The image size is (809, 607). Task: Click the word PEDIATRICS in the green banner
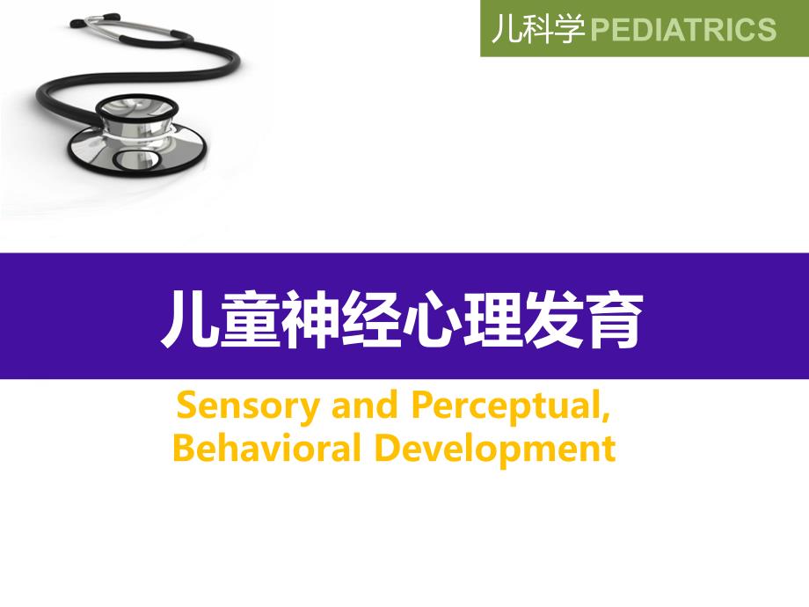click(682, 29)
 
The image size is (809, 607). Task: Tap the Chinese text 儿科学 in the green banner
click(538, 28)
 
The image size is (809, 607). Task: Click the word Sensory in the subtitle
click(248, 406)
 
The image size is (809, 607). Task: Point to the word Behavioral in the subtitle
click(266, 448)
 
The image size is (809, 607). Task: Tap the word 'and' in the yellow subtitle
click(365, 406)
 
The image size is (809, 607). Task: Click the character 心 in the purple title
click(431, 319)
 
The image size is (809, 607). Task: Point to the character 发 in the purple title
click(553, 319)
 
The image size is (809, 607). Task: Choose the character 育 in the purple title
click(614, 319)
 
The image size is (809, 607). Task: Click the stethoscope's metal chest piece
click(137, 136)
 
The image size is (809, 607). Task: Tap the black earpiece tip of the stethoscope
click(77, 23)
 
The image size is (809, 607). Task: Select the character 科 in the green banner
click(538, 28)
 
